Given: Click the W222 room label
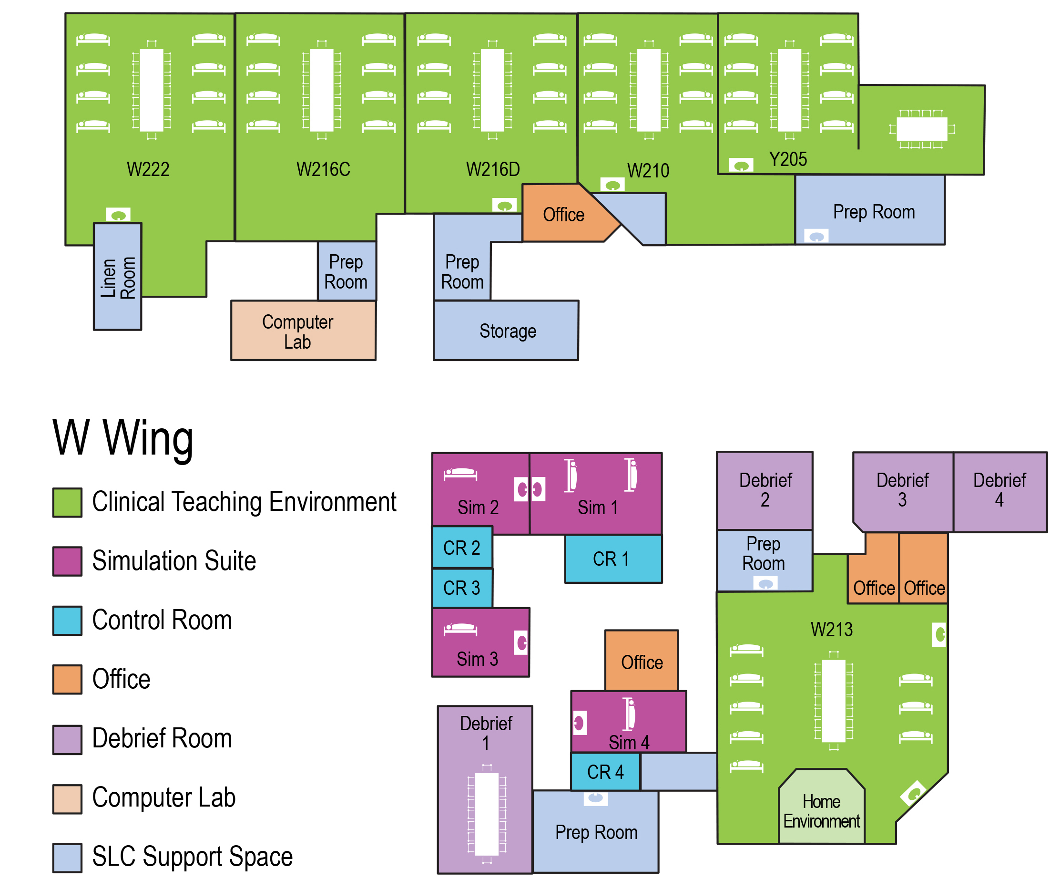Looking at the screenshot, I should (148, 169).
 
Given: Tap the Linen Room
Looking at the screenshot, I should (118, 278).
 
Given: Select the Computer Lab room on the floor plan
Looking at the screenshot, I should (303, 331).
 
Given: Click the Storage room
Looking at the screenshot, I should (507, 331).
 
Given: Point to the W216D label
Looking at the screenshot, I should (493, 169).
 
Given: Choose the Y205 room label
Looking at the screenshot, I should (788, 159).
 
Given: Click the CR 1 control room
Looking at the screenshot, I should (613, 559).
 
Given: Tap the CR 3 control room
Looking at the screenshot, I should (462, 588).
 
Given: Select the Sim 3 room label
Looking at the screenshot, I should (477, 659).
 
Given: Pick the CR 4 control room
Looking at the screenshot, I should (605, 772).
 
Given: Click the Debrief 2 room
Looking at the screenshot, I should (765, 490).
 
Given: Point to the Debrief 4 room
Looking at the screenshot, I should (999, 490).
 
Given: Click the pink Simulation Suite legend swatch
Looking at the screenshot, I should (67, 561).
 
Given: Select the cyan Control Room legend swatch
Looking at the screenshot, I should (67, 621).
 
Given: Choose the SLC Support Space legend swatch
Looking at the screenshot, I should (67, 858).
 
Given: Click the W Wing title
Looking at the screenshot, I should (123, 438).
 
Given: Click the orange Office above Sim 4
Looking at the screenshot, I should (642, 661).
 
